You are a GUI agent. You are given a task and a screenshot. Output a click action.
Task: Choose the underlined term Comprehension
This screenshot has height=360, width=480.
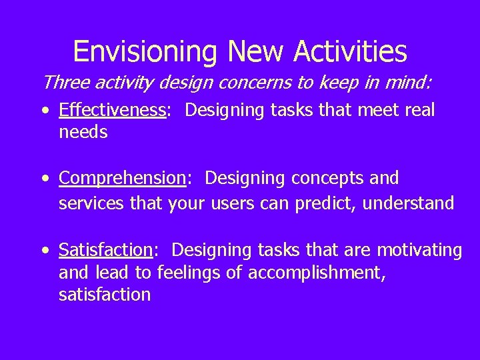121,179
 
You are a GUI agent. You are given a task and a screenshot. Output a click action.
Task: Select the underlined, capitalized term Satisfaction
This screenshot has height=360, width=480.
105,250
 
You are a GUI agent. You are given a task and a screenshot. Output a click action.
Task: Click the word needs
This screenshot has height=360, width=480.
83,133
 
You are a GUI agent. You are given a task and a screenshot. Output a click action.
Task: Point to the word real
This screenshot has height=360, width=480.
419,110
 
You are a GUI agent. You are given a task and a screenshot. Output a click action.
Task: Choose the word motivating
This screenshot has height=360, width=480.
419,250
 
